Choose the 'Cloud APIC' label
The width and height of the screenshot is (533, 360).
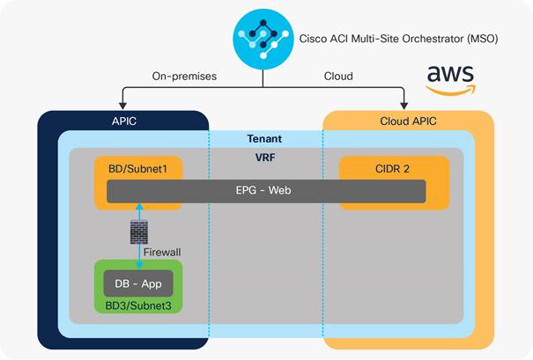coord(408,121)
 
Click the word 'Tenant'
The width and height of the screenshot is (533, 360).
coord(265,139)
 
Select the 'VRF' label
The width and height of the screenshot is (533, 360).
coord(265,158)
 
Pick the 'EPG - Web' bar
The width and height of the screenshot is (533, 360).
coord(266,191)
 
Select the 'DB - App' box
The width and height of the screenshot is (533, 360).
coord(137,283)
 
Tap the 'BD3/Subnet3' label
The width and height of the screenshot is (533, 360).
coord(137,306)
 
